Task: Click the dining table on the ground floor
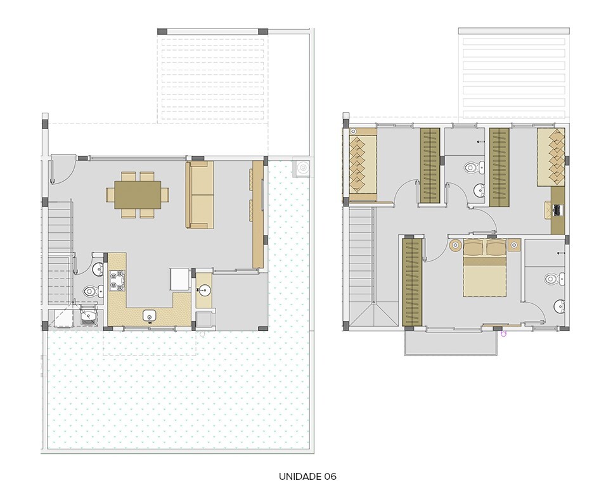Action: tap(138, 194)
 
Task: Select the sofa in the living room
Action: tap(200, 195)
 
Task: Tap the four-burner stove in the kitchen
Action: tap(118, 280)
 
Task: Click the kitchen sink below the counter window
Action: tap(150, 315)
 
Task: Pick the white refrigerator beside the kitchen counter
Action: tap(179, 280)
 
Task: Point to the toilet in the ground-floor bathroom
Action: tap(90, 291)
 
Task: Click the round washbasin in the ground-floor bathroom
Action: tap(98, 270)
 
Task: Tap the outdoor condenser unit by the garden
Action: tap(303, 167)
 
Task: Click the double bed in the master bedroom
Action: tap(484, 270)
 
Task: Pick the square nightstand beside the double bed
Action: tap(513, 244)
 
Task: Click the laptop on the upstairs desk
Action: tap(556, 208)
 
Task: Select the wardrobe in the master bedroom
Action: tap(412, 282)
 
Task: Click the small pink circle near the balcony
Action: tap(503, 334)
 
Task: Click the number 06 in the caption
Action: tap(329, 476)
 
